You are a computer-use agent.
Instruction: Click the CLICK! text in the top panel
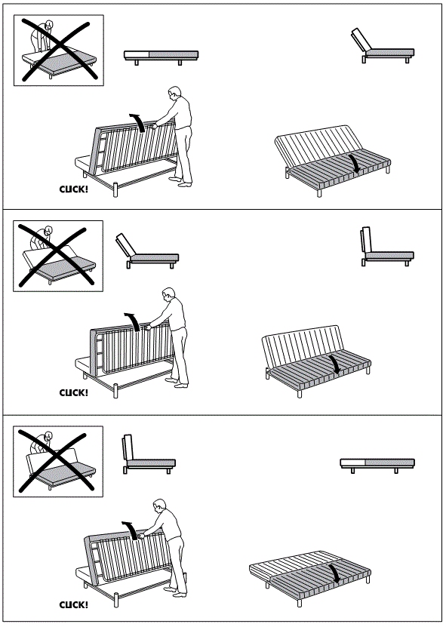pyautogui.click(x=74, y=189)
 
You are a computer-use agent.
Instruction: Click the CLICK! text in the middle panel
pyautogui.click(x=74, y=392)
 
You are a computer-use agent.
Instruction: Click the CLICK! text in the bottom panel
pyautogui.click(x=74, y=604)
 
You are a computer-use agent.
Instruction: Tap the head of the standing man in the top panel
pyautogui.click(x=174, y=93)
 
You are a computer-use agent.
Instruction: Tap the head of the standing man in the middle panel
pyautogui.click(x=169, y=294)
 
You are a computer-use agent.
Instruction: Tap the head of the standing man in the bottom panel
pyautogui.click(x=159, y=506)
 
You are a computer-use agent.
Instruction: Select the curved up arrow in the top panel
pyautogui.click(x=138, y=121)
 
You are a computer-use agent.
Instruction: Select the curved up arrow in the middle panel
pyautogui.click(x=134, y=321)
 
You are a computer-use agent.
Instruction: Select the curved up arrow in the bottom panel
pyautogui.click(x=131, y=529)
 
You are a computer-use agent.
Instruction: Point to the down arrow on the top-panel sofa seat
pyautogui.click(x=355, y=164)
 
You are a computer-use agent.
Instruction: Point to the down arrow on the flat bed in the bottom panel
pyautogui.click(x=335, y=573)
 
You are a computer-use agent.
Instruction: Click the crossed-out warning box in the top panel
pyautogui.click(x=59, y=51)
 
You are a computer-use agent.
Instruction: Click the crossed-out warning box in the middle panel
pyautogui.click(x=58, y=256)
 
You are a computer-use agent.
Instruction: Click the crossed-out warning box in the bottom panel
pyautogui.click(x=58, y=462)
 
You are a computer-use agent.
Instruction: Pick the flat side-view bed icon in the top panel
pyautogui.click(x=161, y=57)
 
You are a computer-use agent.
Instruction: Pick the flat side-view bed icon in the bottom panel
pyautogui.click(x=377, y=466)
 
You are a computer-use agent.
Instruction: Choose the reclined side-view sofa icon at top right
pyautogui.click(x=382, y=47)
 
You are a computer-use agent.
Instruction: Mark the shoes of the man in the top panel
pyautogui.click(x=180, y=182)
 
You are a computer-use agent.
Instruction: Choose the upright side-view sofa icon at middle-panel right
pyautogui.click(x=387, y=247)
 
